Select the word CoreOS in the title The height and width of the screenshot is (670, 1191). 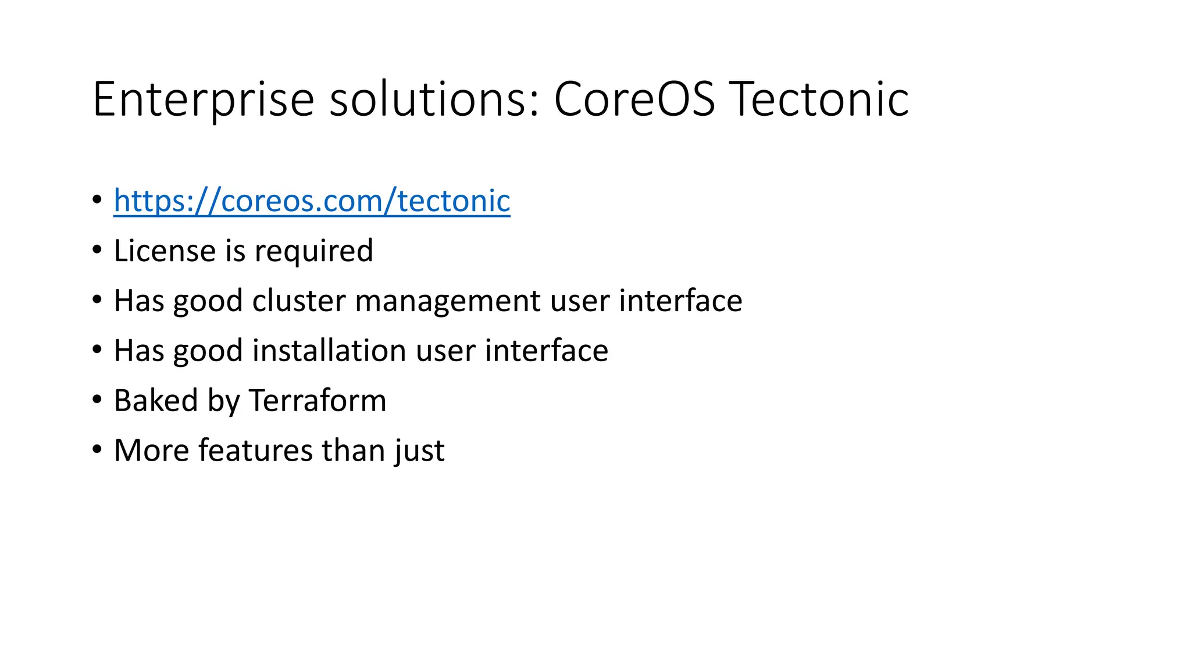634,100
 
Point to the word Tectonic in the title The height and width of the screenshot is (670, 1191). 819,100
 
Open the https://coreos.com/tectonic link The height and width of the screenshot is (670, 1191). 312,201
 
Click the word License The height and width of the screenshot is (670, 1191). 165,251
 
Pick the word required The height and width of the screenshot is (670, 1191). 313,252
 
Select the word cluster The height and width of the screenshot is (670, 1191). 299,301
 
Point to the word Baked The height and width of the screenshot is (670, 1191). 156,401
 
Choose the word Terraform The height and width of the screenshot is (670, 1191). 318,401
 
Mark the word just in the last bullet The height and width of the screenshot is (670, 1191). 419,452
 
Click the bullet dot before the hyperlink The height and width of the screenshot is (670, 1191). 97,200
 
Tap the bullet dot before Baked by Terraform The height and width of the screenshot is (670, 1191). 97,400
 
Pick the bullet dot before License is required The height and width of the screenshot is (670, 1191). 97,250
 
